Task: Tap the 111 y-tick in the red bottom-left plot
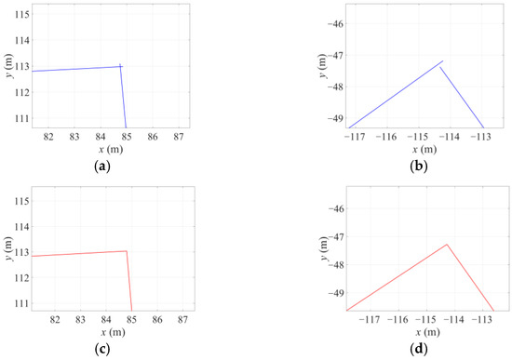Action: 19,303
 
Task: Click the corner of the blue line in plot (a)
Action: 122,66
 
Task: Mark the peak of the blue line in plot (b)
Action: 442,60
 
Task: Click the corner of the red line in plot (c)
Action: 127,251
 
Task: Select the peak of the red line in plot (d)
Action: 447,245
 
